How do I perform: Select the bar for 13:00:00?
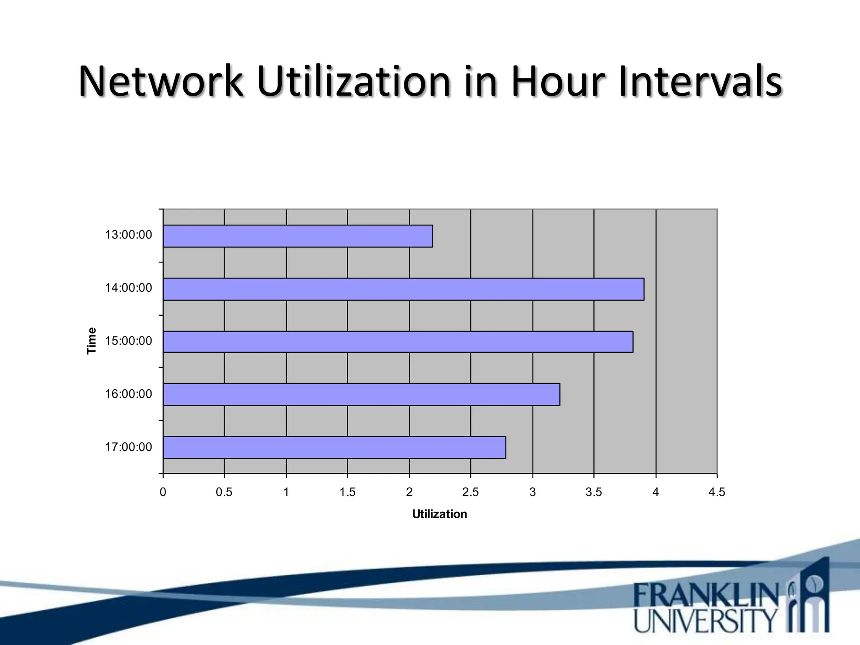298,236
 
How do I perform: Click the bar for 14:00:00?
404,289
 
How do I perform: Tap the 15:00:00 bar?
398,341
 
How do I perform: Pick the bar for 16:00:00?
361,394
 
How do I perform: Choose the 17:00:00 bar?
334,447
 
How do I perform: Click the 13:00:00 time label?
128,235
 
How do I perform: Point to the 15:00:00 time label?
128,341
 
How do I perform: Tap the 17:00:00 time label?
128,447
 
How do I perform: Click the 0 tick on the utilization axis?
163,492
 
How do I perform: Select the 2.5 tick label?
470,492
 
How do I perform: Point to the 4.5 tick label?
716,492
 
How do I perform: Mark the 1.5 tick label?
347,492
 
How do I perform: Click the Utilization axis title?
439,514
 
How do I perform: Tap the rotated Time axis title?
92,341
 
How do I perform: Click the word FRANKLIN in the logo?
706,595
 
